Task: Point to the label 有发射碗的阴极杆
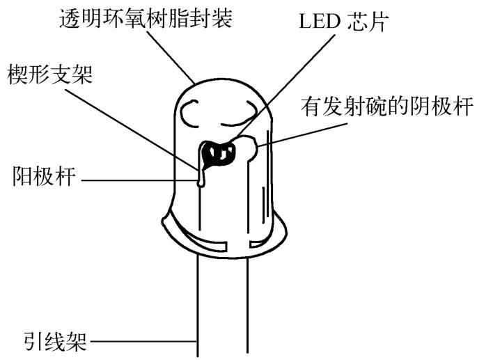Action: pos(387,107)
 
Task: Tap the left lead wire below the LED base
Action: pos(199,299)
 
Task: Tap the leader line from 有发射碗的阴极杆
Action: pos(306,134)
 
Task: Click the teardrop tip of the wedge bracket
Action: pos(201,182)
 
